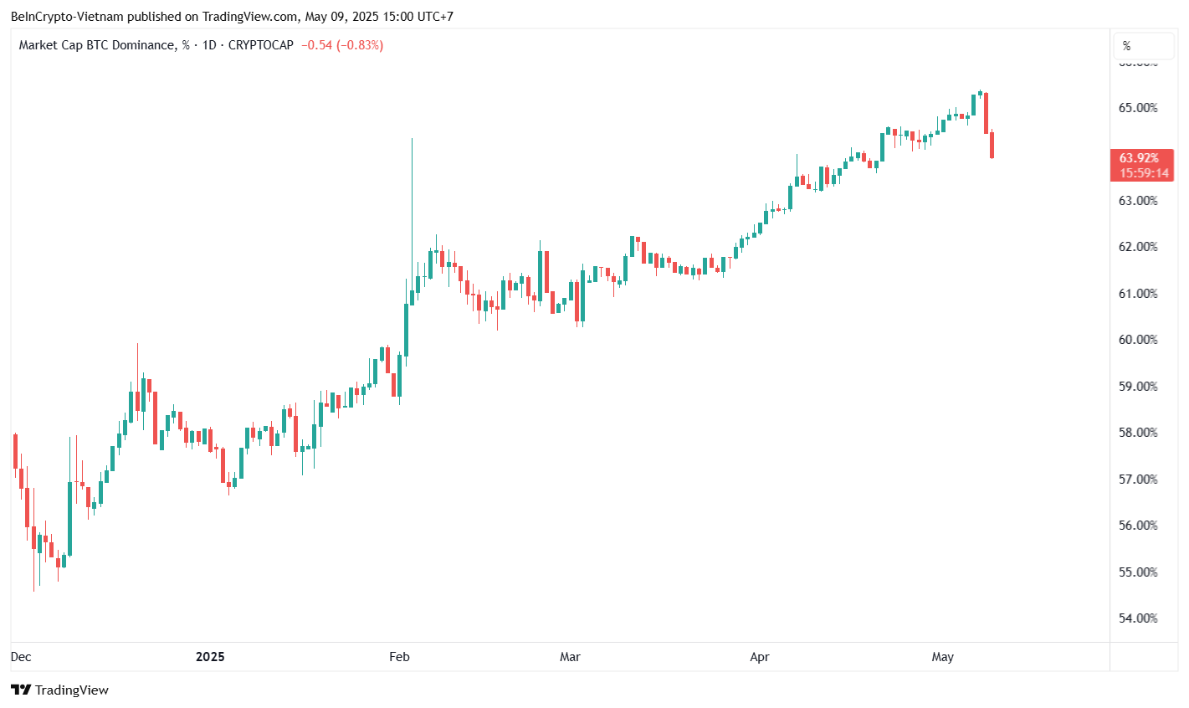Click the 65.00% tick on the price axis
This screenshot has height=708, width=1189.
[x=1139, y=108]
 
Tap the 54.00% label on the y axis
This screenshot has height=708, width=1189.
[x=1139, y=618]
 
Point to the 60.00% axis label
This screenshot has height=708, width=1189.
[x=1139, y=340]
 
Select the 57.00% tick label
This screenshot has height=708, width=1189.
[x=1139, y=480]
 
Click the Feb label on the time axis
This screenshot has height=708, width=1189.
[x=399, y=657]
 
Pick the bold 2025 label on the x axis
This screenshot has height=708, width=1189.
[x=210, y=657]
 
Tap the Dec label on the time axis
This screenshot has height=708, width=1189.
[x=21, y=657]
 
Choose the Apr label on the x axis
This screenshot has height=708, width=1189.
[x=760, y=657]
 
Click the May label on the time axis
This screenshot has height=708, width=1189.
[x=942, y=657]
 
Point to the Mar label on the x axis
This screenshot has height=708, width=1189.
[x=570, y=657]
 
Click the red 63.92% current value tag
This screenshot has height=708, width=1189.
[x=1140, y=158]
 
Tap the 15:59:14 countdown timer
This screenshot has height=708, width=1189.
[x=1144, y=173]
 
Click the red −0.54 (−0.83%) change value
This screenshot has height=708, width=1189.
[x=342, y=45]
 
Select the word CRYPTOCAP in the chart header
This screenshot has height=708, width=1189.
[x=261, y=45]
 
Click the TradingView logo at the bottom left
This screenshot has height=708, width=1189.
[x=59, y=690]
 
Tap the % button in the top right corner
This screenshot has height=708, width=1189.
[x=1127, y=46]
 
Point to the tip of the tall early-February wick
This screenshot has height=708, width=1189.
[x=413, y=139]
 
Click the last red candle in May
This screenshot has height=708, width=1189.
[x=992, y=145]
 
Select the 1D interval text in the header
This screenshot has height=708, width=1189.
[x=208, y=45]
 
